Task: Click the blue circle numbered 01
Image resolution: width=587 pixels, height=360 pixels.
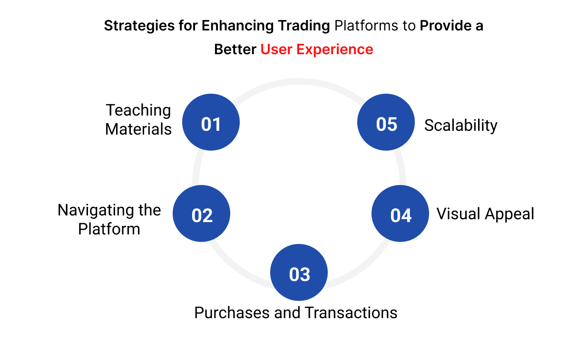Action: [211, 122]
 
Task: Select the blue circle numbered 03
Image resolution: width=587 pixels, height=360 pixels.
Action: [299, 272]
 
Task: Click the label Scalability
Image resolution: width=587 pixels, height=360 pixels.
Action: [460, 125]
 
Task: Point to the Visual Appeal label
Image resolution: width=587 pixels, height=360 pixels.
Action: [485, 214]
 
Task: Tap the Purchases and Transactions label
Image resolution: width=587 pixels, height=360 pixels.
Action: [295, 312]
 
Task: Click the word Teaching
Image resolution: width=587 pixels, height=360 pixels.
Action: [138, 110]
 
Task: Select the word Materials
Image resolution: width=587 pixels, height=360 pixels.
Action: [138, 129]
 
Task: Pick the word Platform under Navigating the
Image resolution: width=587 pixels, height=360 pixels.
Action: [109, 229]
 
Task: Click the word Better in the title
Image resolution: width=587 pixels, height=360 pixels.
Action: [235, 49]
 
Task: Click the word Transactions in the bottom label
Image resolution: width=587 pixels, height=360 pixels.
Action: [351, 312]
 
